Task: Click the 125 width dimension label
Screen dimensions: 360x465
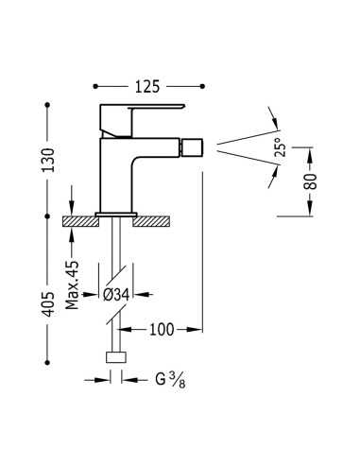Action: point(147,87)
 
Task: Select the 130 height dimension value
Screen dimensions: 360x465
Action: point(48,160)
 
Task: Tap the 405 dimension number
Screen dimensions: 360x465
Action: point(48,304)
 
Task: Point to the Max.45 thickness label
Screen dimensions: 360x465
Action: point(72,285)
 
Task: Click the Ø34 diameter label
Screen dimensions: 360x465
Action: point(116,295)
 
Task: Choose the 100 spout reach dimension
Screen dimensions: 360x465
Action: point(162,330)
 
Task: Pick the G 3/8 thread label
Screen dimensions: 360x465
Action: point(170,379)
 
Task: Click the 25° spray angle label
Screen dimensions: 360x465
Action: point(281,147)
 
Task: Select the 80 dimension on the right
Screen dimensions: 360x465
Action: point(310,181)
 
